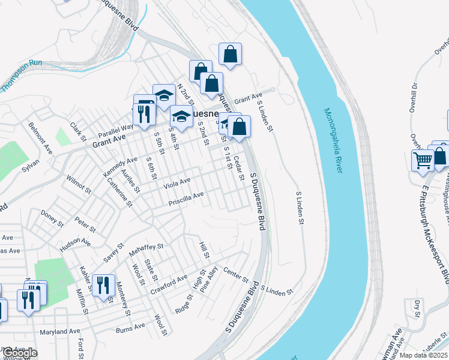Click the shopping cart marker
[423, 160]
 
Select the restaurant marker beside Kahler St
[103, 284]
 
